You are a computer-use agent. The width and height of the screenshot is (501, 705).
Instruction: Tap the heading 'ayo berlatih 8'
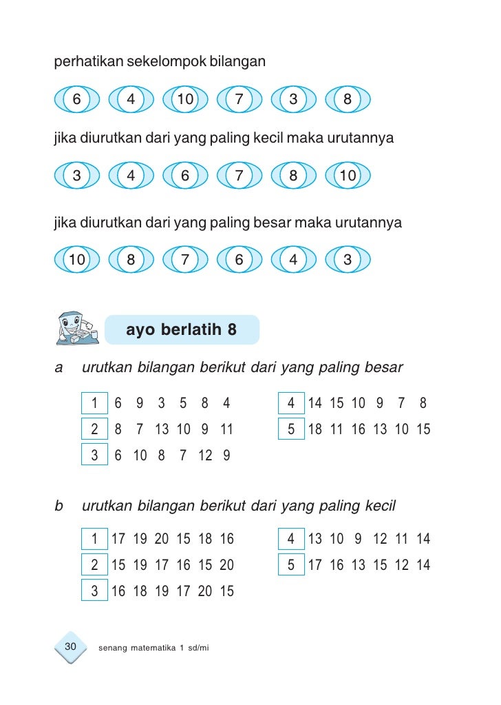tap(181, 330)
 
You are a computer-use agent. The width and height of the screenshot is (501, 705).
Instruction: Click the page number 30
tap(70, 646)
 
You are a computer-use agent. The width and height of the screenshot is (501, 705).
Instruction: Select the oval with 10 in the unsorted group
tap(185, 99)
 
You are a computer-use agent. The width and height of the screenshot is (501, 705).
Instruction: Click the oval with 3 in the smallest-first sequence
tap(76, 176)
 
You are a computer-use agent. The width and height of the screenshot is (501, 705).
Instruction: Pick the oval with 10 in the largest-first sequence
tap(76, 260)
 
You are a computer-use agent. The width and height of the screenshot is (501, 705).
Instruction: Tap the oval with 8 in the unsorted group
tap(348, 99)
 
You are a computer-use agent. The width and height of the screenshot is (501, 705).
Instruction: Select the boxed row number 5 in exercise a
tap(291, 429)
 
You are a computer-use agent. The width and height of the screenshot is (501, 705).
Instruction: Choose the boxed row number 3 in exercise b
tap(94, 591)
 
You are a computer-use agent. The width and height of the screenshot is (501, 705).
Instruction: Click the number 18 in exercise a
tap(315, 429)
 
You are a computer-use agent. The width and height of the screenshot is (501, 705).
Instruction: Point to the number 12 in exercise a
tap(205, 456)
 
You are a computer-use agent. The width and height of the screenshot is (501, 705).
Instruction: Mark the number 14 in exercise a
tap(315, 403)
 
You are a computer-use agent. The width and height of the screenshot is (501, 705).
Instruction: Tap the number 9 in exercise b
tap(358, 539)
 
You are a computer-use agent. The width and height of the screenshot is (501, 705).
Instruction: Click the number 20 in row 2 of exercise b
tap(226, 565)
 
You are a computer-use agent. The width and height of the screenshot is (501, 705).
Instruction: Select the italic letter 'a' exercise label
tap(58, 367)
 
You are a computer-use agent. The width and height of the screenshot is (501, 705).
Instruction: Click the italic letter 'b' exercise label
tap(58, 507)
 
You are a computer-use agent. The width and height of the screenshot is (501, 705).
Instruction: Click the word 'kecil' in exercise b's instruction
tap(378, 507)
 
